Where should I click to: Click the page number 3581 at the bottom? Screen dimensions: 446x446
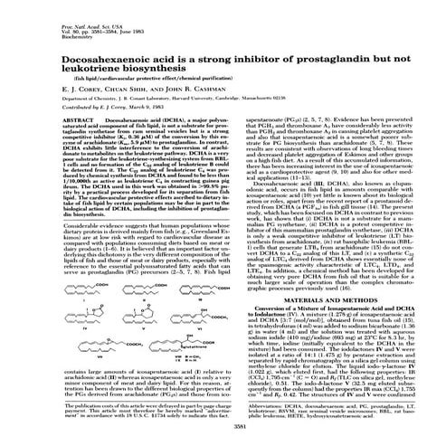[223, 425]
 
